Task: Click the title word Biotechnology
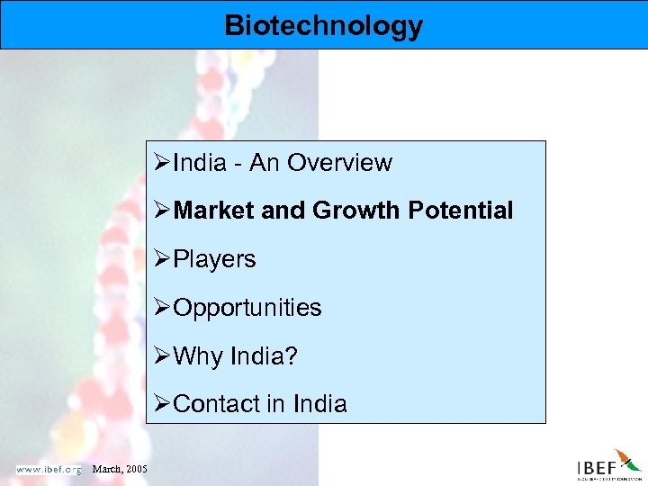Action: [324, 25]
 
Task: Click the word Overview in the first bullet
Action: [346, 163]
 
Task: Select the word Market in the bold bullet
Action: [214, 211]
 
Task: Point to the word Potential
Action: [460, 211]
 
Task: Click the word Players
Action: [214, 259]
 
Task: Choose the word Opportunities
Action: [247, 308]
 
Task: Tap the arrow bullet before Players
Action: [163, 259]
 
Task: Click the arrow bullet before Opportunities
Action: [163, 308]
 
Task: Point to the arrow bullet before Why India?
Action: [163, 355]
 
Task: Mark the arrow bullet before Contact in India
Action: [163, 404]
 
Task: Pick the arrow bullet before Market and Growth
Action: [163, 211]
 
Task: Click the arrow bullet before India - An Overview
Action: [163, 163]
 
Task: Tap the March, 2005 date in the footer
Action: [121, 469]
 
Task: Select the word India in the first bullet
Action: [200, 163]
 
